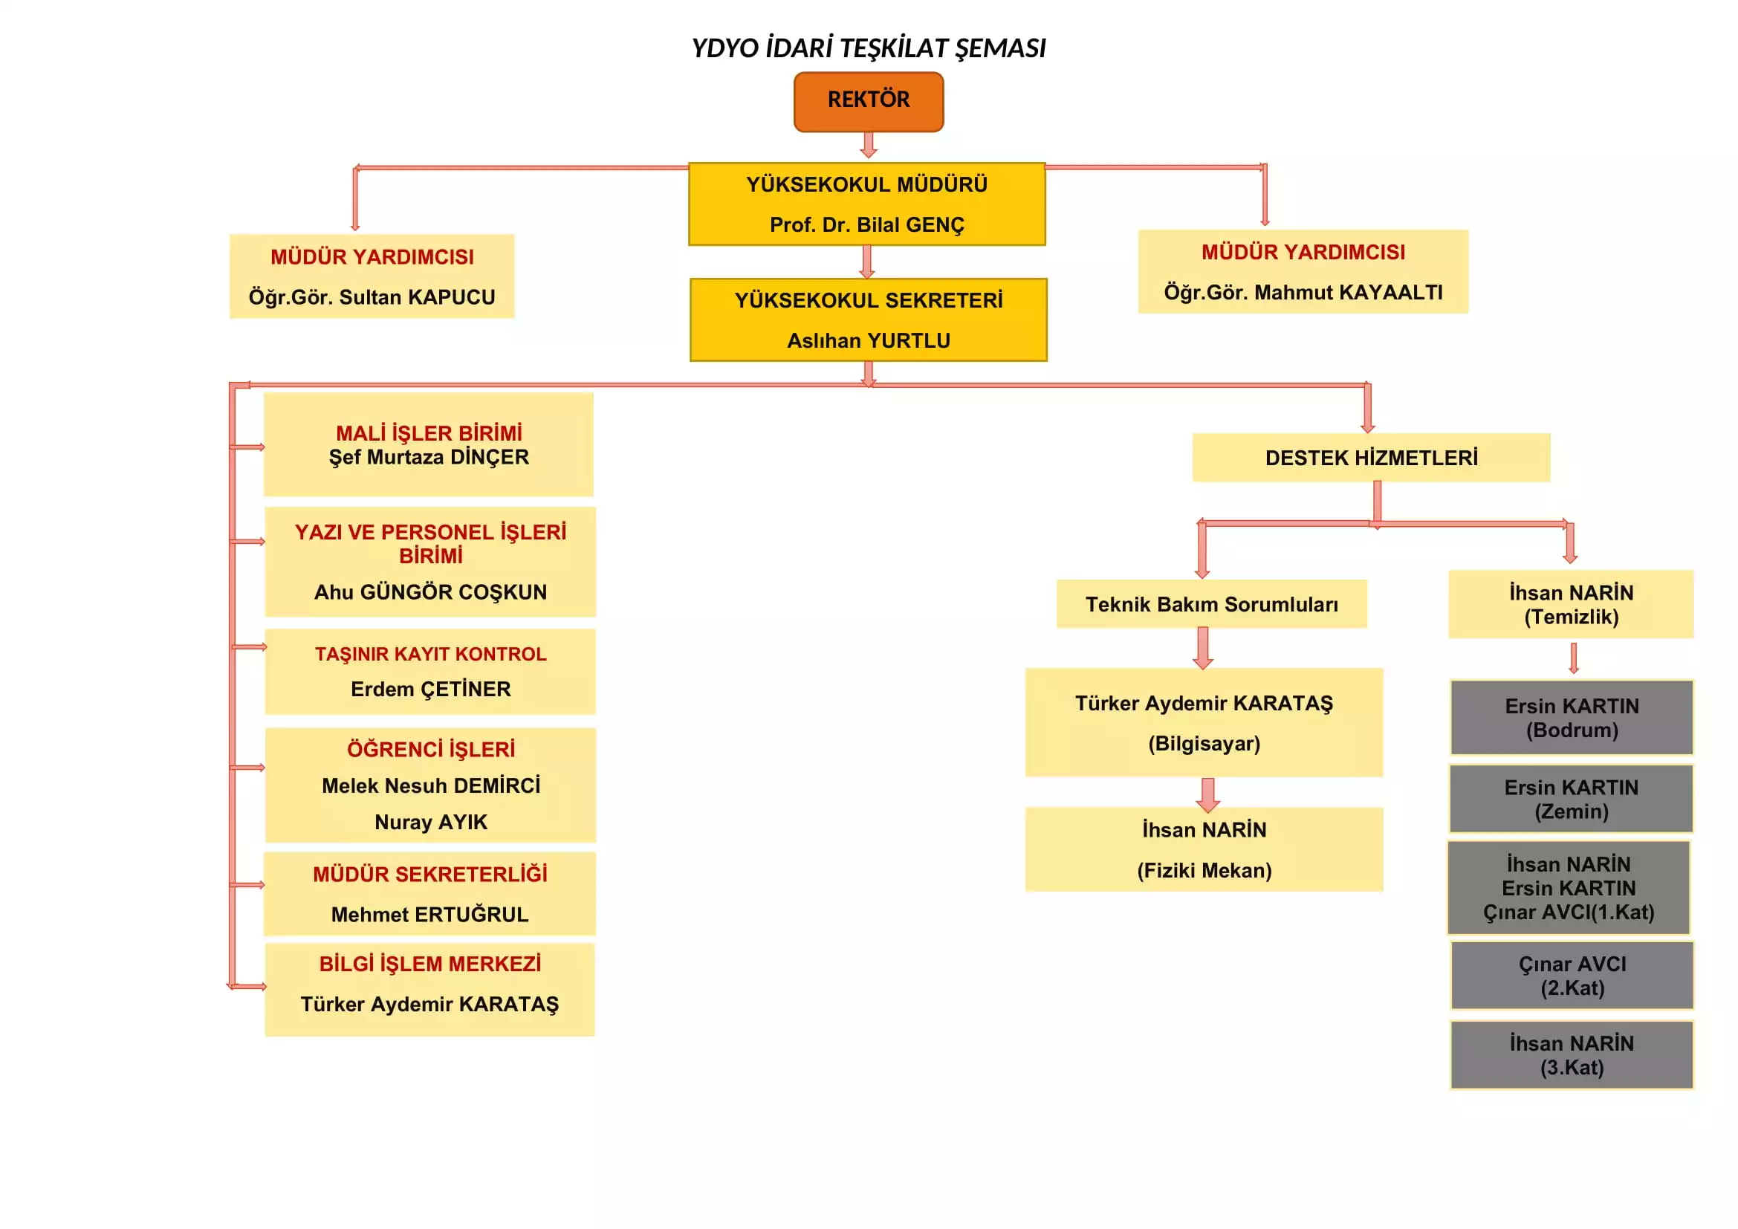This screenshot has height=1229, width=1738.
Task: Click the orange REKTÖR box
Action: pos(868,101)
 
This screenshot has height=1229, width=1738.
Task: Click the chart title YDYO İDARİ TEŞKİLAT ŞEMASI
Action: pos(868,48)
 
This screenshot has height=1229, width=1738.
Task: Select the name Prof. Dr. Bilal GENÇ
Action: pos(866,224)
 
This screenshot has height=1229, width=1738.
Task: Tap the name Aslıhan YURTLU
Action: pos(868,340)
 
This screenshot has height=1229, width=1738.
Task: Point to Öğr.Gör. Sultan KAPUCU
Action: pos(372,296)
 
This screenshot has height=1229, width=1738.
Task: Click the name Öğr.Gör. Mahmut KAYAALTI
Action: pos(1303,292)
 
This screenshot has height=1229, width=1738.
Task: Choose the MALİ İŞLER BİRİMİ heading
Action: pos(429,433)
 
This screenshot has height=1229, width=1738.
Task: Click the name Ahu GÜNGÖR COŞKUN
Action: pos(430,591)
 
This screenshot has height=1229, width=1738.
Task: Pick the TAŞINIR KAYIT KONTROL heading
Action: pos(430,654)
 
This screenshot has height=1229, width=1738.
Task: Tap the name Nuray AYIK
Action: pos(430,822)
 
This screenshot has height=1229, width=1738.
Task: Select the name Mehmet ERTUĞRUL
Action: pos(429,914)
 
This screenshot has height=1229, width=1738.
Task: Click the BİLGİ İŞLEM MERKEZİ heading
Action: pos(429,964)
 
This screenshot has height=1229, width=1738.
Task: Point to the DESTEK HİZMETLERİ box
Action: pos(1371,458)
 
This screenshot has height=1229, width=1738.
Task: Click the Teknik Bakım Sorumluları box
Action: pos(1211,604)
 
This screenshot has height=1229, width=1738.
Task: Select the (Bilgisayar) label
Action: pos(1204,743)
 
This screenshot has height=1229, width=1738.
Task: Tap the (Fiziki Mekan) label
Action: pos(1204,870)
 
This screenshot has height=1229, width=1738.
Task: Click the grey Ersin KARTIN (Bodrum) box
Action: pos(1572,718)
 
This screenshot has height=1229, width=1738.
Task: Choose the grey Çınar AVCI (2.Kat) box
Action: pos(1572,976)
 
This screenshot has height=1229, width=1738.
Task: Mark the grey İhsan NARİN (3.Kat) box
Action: pos(1572,1055)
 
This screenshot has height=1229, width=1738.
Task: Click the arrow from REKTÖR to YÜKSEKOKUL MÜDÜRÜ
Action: pos(868,145)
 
